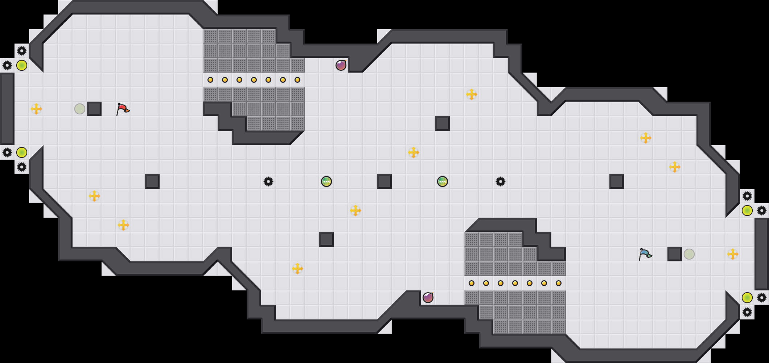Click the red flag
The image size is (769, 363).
coord(123,109)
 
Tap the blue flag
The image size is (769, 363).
coord(645,254)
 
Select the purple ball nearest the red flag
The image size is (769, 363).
coord(341,65)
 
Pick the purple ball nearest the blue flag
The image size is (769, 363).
coord(428,298)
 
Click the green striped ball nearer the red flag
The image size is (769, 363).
coord(326,181)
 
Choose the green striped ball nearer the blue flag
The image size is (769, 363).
coord(443,181)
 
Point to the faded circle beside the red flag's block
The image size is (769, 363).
coord(80,109)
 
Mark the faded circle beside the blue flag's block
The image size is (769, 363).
coord(689,254)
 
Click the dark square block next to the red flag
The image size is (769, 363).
coord(94,109)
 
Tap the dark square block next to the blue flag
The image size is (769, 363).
coord(675,254)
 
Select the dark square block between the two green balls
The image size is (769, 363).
coord(384,181)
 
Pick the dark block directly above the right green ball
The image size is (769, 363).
coord(443,123)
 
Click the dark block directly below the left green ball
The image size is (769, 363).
coord(326,240)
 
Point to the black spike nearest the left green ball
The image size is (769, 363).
coord(268,181)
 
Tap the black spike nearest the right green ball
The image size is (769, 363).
coord(501,181)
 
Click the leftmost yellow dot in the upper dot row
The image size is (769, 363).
coord(210,80)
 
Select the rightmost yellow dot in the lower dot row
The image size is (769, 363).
coord(559,283)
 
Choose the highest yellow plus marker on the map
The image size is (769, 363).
coord(472,94)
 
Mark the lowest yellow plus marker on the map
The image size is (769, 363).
coord(297,269)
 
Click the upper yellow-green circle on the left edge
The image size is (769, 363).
coord(22,65)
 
